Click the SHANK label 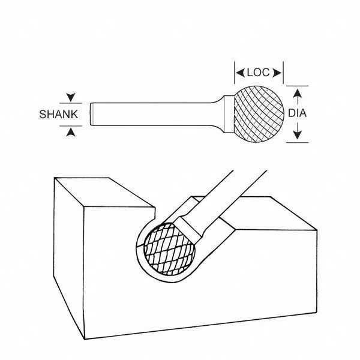tap(59, 115)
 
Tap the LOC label tap(258, 73)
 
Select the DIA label tap(298, 113)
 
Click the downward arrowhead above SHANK tap(71, 97)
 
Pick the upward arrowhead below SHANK tap(71, 132)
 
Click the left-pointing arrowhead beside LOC tap(241, 73)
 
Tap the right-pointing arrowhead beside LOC tap(277, 73)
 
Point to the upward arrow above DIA tap(298, 97)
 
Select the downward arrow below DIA tap(298, 131)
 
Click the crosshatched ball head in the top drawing tap(259, 114)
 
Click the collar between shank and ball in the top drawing tap(229, 114)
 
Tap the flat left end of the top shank tap(91, 114)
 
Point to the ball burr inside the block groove tap(169, 249)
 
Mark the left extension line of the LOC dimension tap(235, 73)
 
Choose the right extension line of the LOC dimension tap(283, 73)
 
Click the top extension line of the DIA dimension tap(298, 86)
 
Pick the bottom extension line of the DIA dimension tap(298, 143)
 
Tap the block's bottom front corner tap(85, 339)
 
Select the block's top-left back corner tap(55, 178)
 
